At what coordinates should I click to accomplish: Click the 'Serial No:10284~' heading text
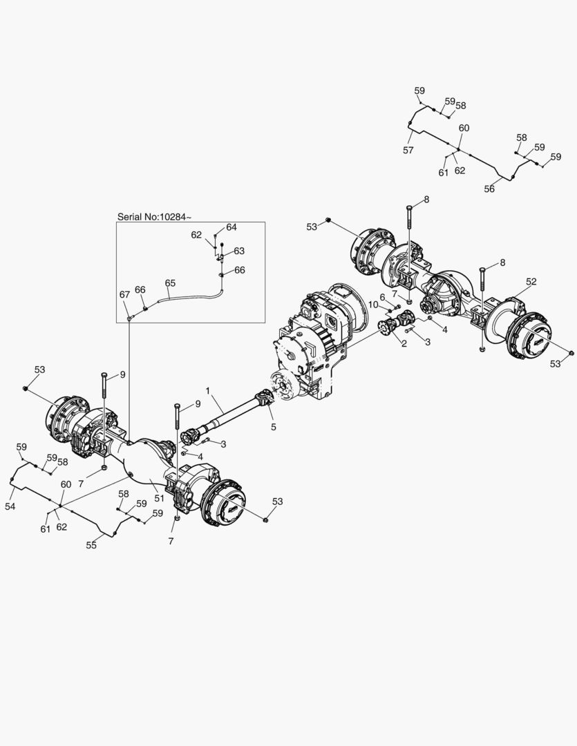[154, 217]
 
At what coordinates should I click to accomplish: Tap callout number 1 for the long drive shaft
[207, 390]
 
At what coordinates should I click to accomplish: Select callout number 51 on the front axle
[159, 498]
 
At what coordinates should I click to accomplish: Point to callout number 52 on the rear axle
[531, 281]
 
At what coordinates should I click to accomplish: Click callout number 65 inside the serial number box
[170, 283]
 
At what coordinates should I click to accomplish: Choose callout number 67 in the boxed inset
[125, 294]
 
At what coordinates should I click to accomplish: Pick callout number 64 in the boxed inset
[231, 227]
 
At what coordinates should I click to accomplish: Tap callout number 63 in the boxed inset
[239, 251]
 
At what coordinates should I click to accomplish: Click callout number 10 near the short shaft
[373, 305]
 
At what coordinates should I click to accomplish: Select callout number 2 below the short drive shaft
[404, 343]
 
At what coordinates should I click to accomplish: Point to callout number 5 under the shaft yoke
[273, 427]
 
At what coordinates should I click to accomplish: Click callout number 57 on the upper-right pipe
[408, 150]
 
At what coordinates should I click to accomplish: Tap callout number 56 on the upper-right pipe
[489, 189]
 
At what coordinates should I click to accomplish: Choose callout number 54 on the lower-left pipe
[10, 507]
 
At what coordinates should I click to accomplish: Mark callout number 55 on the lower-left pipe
[91, 545]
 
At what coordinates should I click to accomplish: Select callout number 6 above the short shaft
[382, 297]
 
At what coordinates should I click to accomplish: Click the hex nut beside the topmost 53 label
[328, 220]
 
